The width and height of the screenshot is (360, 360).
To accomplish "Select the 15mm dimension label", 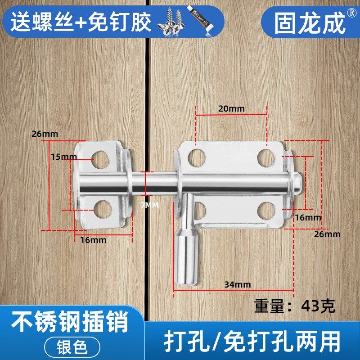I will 63,157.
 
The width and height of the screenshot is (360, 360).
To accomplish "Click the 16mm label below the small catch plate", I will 93,240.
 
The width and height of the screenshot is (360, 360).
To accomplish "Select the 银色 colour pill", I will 73,346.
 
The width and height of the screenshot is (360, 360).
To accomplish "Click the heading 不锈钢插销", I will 70,322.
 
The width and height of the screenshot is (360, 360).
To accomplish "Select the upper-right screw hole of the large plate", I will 266,156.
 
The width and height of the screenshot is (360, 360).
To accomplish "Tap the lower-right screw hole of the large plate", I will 266,209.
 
